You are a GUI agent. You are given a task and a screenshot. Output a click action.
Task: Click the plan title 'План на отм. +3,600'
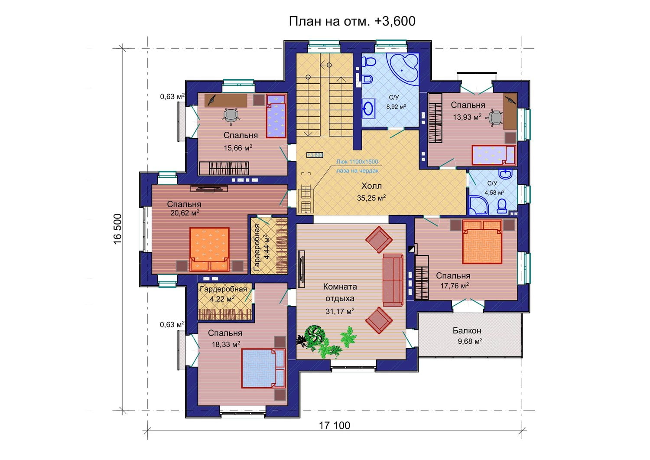pos(352,21)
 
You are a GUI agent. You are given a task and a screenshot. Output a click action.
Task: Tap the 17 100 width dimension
pos(335,425)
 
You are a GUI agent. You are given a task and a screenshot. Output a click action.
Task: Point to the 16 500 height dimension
pos(117,229)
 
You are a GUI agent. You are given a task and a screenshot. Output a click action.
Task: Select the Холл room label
pos(371,186)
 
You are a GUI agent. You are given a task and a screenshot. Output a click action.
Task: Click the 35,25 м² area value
pos(371,198)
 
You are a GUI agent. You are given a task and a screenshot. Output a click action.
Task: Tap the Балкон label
pos(467,330)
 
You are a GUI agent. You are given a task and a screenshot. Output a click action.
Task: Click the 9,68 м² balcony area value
pos(470,341)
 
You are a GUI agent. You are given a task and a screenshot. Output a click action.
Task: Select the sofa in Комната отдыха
pos(393,280)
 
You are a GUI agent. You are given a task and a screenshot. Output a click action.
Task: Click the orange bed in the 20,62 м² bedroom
pos(209,249)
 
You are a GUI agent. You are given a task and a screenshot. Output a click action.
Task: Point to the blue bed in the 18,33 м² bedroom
pos(263,368)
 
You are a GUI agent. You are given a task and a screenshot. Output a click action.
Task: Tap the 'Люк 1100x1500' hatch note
pos(357,162)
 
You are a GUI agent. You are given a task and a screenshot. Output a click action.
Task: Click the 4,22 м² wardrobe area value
pos(222,299)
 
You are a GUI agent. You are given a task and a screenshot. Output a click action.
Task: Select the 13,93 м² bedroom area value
pos(467,117)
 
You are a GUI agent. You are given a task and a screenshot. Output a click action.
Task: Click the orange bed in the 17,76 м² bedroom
pos(482,242)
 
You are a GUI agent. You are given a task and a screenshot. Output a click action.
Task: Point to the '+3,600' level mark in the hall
pos(315,155)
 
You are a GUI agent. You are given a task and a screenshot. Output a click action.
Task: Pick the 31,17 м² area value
pos(340,311)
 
